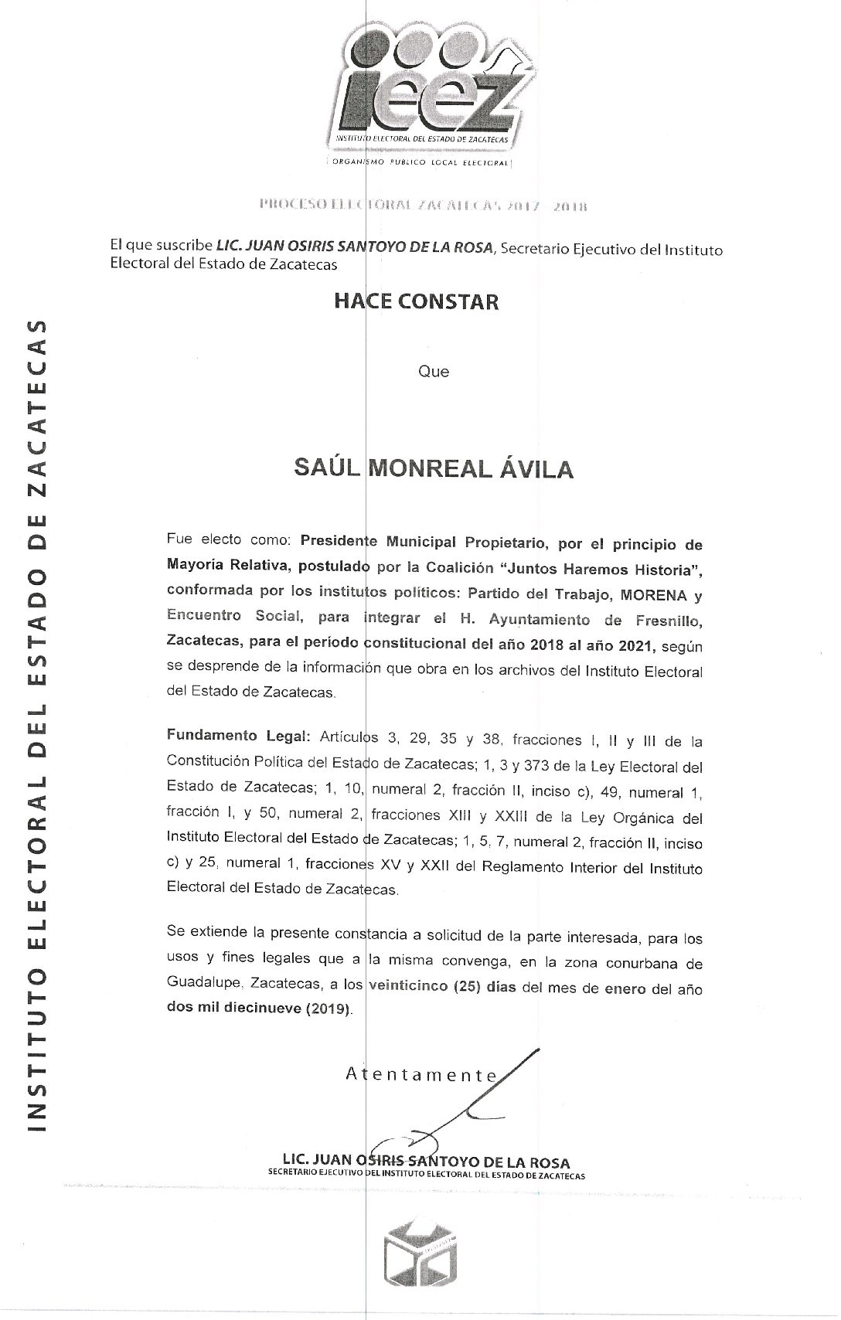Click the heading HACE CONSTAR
[416, 301]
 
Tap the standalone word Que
[433, 372]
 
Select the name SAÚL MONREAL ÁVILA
[434, 468]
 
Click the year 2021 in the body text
[635, 646]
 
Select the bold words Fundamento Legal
[238, 735]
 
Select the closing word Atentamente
[422, 1074]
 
